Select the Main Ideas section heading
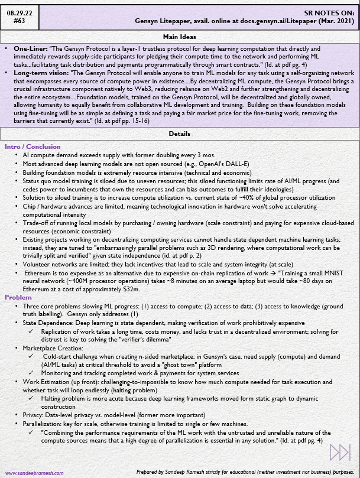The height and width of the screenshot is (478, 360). (x=180, y=36)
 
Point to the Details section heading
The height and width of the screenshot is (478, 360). (x=180, y=134)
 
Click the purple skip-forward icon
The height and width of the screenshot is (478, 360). (x=340, y=453)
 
